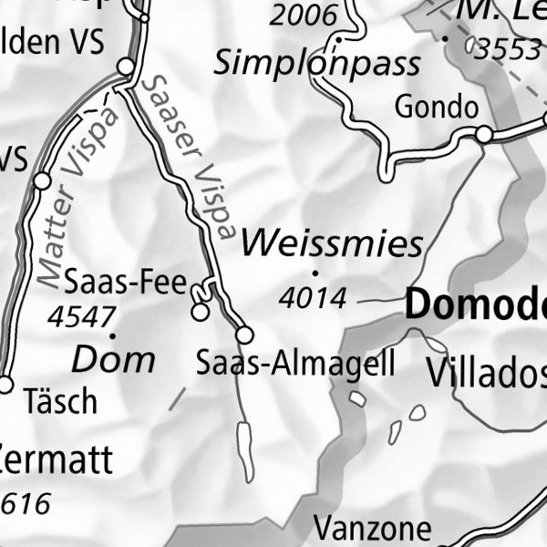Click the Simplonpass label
317,63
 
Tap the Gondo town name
436,107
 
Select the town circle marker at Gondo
484,135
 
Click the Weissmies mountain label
333,243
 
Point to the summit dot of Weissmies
315,272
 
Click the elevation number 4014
314,297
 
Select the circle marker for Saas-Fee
199,313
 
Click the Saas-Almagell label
296,364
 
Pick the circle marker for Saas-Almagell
244,335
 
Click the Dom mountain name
113,359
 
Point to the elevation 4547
82,316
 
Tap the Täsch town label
61,400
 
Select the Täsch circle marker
5,385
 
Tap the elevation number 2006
304,15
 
